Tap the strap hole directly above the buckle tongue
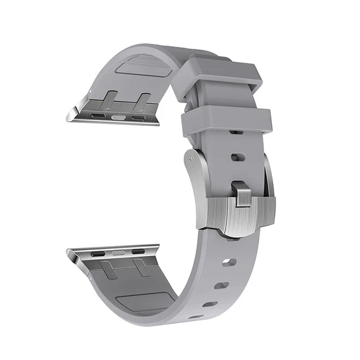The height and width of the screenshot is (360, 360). (238, 157)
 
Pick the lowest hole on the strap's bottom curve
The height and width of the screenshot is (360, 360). (196, 316)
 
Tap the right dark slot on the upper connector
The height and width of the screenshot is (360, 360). (139, 117)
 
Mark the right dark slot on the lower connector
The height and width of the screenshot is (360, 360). (139, 251)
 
